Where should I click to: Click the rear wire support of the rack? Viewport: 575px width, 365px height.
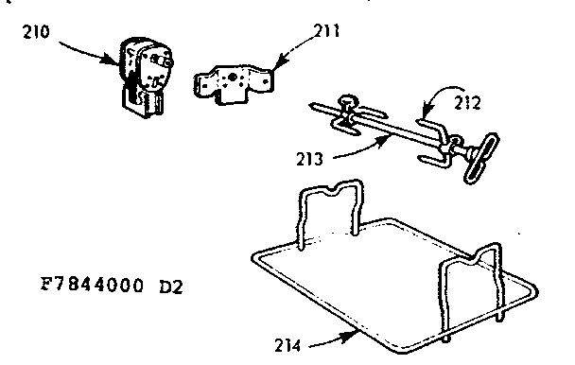(330, 207)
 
